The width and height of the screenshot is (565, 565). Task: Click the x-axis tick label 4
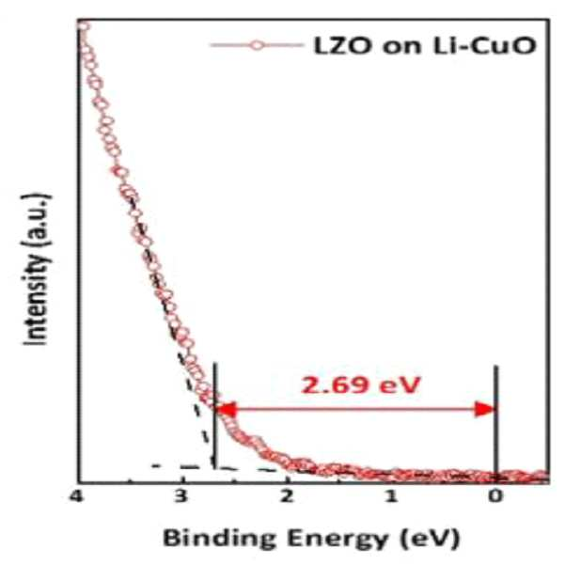pos(76,496)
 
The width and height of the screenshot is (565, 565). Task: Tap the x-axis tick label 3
pos(181,496)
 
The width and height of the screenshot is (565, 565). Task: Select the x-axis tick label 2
pos(287,496)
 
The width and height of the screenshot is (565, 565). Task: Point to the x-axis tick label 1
pos(391,496)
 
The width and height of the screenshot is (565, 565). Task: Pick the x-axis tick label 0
pos(495,496)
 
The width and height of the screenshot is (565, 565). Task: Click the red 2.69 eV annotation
pos(361,385)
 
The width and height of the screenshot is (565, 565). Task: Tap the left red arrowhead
pos(226,409)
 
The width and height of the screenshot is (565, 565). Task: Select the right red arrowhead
pos(485,409)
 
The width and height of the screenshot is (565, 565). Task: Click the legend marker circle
pos(258,45)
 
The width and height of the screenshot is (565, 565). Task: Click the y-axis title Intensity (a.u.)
pos(36,270)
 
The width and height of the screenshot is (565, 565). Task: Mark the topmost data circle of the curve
pos(84,26)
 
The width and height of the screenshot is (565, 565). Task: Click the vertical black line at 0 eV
pos(496,423)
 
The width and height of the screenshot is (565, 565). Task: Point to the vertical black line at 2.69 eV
pos(214,416)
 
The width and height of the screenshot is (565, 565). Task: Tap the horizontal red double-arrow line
pos(355,409)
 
